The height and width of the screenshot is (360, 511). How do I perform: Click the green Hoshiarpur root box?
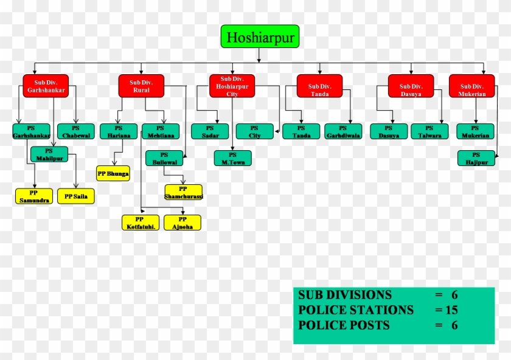(x=260, y=37)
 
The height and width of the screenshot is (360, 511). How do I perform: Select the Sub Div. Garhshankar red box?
(x=46, y=86)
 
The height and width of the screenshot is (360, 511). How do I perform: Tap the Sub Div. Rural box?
(x=141, y=86)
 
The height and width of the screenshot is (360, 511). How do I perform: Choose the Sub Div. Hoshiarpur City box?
(x=232, y=86)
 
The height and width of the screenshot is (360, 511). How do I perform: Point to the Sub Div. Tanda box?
(x=319, y=86)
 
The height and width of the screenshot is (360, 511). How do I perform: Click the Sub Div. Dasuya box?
(x=411, y=86)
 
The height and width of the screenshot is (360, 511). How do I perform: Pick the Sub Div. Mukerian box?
(x=471, y=86)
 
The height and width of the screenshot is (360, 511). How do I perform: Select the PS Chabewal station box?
(x=75, y=131)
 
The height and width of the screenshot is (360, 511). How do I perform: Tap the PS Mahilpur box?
(x=49, y=154)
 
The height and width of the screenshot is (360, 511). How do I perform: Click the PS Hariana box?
(x=119, y=131)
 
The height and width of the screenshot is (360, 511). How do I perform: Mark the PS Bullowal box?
(x=164, y=158)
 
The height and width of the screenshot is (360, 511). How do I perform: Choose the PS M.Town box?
(x=232, y=158)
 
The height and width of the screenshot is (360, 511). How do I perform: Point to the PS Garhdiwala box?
(x=343, y=131)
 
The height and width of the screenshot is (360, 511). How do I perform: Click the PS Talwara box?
(x=429, y=131)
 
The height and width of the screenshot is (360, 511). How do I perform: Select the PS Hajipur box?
(x=476, y=158)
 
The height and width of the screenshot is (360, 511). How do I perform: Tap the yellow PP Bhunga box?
(x=113, y=173)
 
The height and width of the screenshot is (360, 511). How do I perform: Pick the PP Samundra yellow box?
(x=34, y=196)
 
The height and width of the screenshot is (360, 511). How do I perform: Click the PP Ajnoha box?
(x=182, y=223)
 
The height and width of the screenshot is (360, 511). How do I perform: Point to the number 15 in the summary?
(x=451, y=310)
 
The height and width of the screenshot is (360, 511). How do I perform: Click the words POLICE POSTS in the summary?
(x=344, y=325)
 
